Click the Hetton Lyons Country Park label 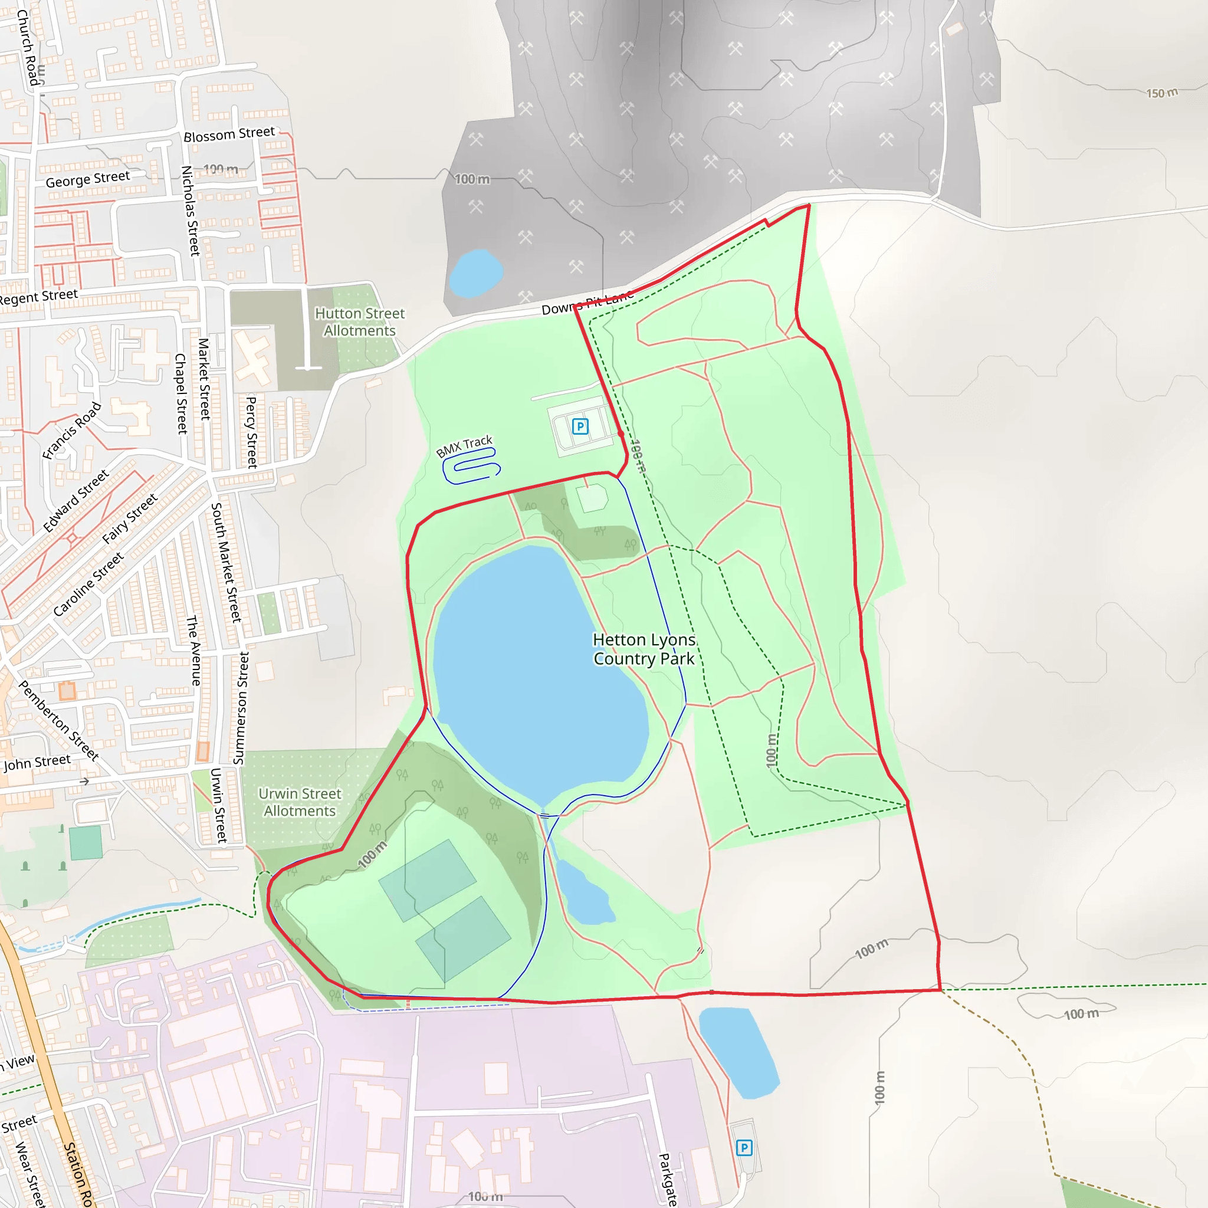tap(644, 649)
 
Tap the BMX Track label tap(464, 446)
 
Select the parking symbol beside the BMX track tap(580, 426)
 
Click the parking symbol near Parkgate tap(743, 1147)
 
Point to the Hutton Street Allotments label tap(360, 321)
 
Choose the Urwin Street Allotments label tap(300, 802)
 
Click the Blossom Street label tap(229, 134)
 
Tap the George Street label tap(87, 179)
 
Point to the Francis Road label tap(71, 431)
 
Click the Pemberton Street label tap(59, 720)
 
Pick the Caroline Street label tap(88, 584)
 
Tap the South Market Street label tap(226, 562)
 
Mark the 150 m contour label tap(1161, 93)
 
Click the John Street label tap(37, 763)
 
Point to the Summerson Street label tap(241, 708)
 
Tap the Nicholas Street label tap(190, 210)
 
